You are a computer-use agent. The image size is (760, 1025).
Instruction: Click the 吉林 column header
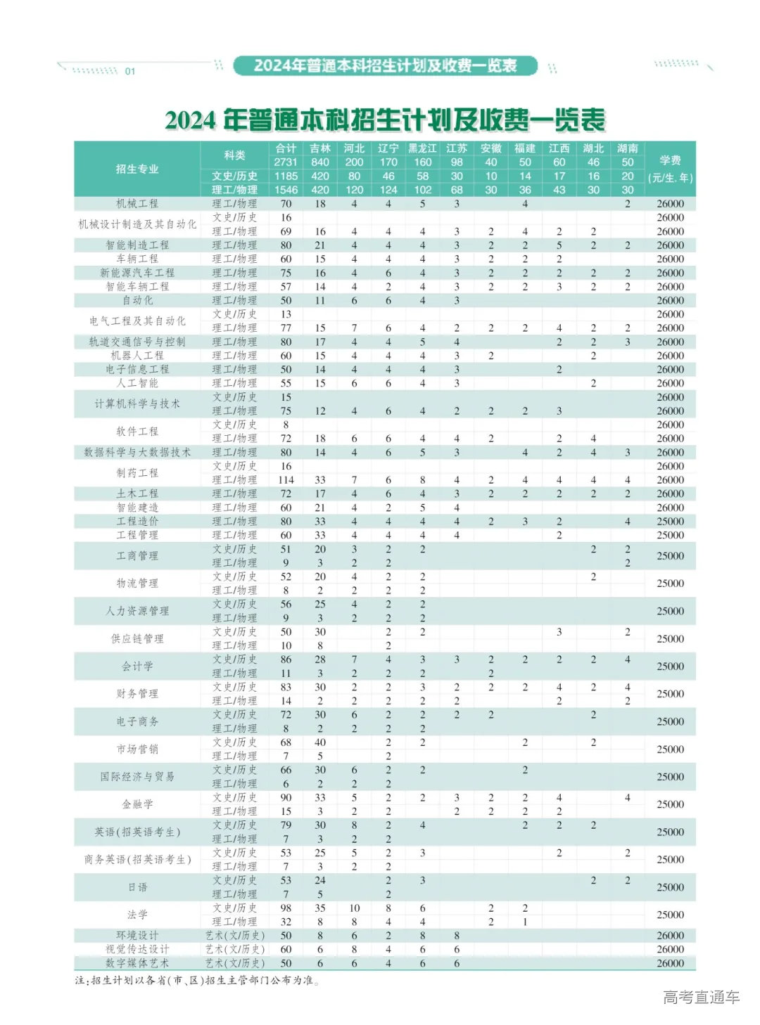[x=320, y=148]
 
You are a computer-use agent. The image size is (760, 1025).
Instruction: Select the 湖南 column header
[x=627, y=148]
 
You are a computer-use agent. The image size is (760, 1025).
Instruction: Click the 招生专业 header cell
[x=137, y=169]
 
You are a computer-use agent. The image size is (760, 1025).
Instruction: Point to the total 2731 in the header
[x=286, y=162]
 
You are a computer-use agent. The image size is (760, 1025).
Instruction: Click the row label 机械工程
[x=137, y=204]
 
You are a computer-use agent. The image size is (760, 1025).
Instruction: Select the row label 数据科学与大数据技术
[x=137, y=452]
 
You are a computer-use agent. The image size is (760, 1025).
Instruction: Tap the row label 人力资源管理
[x=137, y=611]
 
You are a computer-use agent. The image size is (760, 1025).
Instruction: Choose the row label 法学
[x=137, y=915]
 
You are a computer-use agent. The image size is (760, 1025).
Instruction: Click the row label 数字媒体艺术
[x=137, y=963]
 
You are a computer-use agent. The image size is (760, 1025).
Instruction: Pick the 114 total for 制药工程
[x=286, y=480]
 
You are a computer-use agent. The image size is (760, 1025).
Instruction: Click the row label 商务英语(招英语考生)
[x=137, y=859]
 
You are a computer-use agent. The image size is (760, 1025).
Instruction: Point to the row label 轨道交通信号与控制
[x=137, y=342]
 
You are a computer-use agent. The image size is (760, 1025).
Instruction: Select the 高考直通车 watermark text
[x=701, y=997]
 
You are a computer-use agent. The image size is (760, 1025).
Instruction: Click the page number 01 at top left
[x=130, y=71]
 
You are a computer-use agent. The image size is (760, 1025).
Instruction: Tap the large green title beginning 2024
[x=385, y=120]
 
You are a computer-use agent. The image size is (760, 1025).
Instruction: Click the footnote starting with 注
[x=197, y=980]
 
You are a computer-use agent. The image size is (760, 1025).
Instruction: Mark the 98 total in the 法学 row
[x=286, y=908]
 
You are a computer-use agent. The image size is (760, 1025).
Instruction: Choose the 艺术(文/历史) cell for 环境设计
[x=235, y=936]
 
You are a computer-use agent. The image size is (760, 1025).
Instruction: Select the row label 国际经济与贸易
[x=137, y=777]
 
